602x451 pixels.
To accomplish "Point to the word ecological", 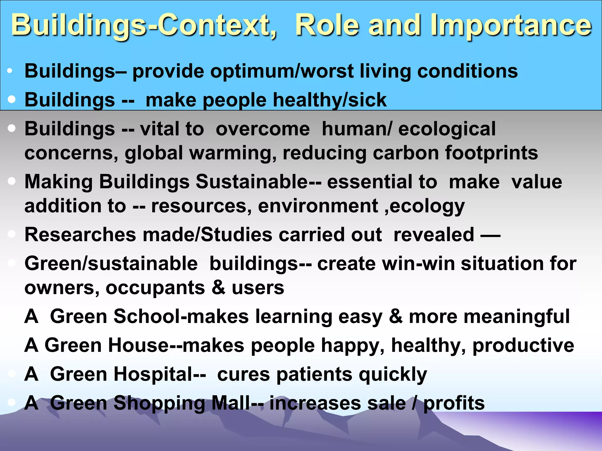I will (x=447, y=129).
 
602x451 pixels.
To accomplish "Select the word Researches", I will (x=80, y=235).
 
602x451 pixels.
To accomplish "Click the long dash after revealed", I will (x=490, y=235).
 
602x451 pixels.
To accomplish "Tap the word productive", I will (x=523, y=345).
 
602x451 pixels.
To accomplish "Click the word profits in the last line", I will (x=454, y=403).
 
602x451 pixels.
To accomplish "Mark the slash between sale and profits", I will (x=414, y=403).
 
